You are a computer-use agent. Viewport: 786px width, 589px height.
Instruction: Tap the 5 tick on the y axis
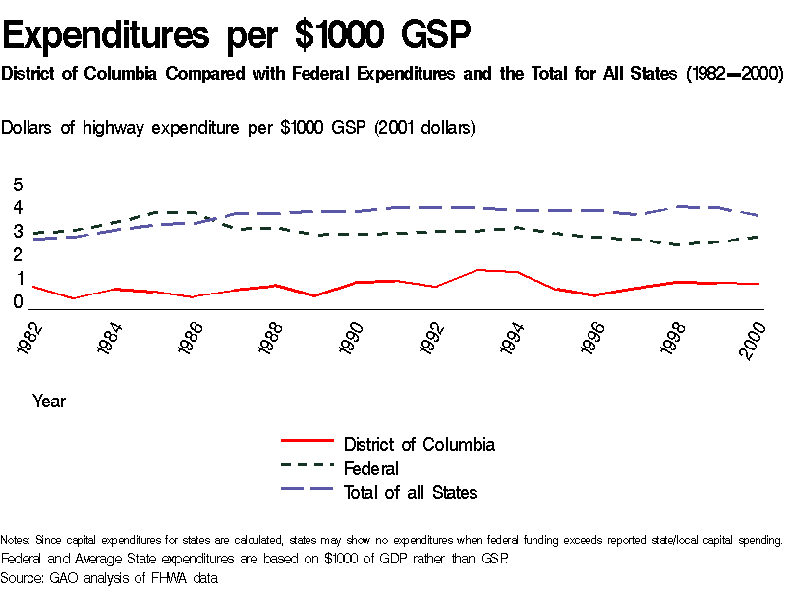17,185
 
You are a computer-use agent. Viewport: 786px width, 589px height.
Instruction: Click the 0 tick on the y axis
17,302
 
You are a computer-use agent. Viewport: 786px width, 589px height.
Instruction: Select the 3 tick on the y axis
17,232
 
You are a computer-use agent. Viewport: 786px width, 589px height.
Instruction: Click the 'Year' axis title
49,401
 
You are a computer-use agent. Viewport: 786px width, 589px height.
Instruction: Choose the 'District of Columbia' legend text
420,445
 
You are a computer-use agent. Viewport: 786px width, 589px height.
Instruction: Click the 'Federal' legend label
371,468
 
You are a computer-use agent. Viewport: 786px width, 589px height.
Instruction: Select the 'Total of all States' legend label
410,492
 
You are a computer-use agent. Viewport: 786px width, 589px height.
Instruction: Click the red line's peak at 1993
477,269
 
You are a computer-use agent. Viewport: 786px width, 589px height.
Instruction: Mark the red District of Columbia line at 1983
74,298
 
